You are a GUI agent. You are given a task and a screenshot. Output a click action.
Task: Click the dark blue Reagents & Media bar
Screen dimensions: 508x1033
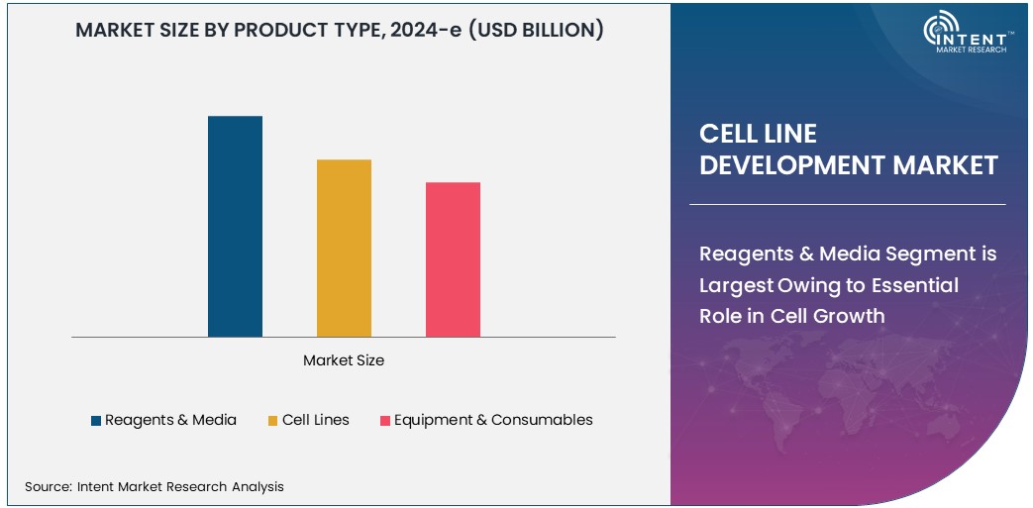coord(235,226)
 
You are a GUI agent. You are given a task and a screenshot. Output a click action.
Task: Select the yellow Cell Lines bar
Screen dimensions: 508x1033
coord(344,248)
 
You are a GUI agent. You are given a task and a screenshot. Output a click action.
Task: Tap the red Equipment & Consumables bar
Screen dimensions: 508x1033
coord(453,258)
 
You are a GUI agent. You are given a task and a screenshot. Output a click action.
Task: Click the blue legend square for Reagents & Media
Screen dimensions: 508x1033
coord(96,421)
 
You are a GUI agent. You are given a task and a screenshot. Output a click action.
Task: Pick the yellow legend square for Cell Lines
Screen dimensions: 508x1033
coord(272,421)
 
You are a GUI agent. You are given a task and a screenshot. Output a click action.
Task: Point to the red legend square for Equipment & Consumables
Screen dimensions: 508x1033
coord(385,421)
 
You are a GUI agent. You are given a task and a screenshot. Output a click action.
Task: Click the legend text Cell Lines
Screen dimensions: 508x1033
coord(315,420)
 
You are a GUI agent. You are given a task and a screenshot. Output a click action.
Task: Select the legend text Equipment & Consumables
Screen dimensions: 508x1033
coord(493,420)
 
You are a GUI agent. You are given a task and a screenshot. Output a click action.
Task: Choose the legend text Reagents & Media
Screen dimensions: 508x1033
coord(170,420)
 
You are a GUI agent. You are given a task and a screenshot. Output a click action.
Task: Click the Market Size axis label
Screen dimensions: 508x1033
coord(344,360)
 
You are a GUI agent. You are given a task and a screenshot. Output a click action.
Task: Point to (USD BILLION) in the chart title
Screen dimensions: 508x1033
coord(535,30)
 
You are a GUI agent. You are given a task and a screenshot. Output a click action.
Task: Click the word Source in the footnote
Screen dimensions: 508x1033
coord(47,486)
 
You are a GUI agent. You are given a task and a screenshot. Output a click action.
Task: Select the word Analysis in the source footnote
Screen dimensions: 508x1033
coord(258,486)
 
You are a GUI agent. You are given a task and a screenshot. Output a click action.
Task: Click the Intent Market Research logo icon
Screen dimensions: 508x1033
coord(939,32)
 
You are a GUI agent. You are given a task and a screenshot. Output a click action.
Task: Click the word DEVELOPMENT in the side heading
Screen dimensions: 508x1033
coord(792,165)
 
